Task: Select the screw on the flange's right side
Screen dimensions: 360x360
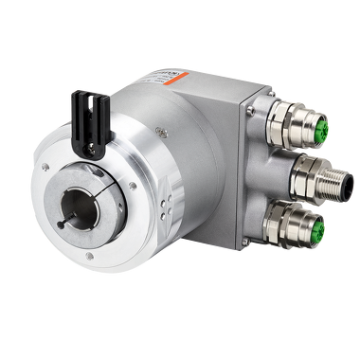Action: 132,187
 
